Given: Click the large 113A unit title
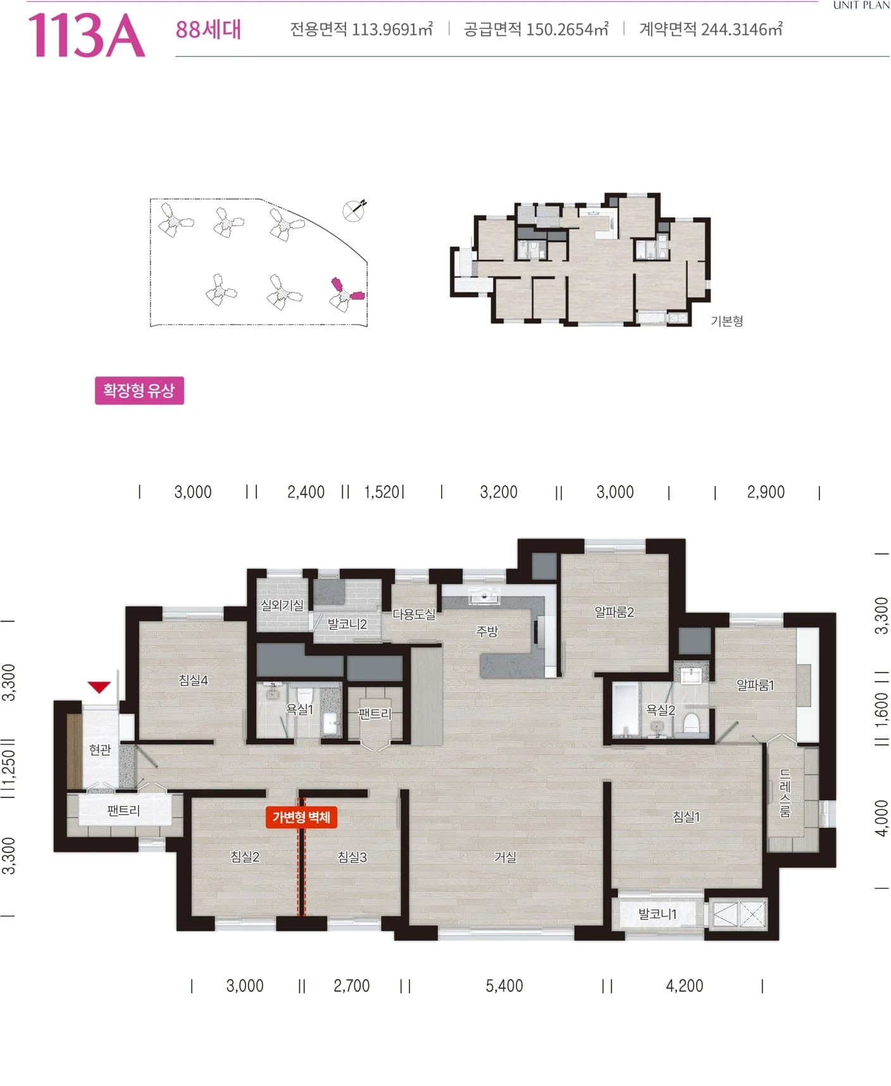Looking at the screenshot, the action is click(x=86, y=35).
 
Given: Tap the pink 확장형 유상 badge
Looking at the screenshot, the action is click(x=139, y=390).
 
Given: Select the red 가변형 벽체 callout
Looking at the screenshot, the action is click(x=301, y=817).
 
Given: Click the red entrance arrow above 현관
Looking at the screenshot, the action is click(x=99, y=687).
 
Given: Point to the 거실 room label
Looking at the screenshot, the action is click(x=505, y=857).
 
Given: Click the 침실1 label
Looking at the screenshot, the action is click(x=686, y=817).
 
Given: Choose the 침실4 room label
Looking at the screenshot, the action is click(x=193, y=680).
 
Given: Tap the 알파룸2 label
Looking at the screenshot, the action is click(x=614, y=612).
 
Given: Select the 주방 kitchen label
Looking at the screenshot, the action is click(x=487, y=631).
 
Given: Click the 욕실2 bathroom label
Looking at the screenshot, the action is click(x=660, y=710).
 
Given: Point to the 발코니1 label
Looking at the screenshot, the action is click(x=657, y=914).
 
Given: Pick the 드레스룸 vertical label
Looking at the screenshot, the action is click(x=785, y=793).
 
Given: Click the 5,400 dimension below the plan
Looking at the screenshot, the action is click(x=504, y=986).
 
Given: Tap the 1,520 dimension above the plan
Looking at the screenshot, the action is click(x=382, y=492).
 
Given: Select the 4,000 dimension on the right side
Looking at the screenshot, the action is click(x=882, y=818).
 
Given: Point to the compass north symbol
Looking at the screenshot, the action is click(x=354, y=210).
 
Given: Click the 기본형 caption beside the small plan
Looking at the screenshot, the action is click(x=726, y=321).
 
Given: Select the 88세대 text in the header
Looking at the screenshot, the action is click(x=208, y=30).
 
